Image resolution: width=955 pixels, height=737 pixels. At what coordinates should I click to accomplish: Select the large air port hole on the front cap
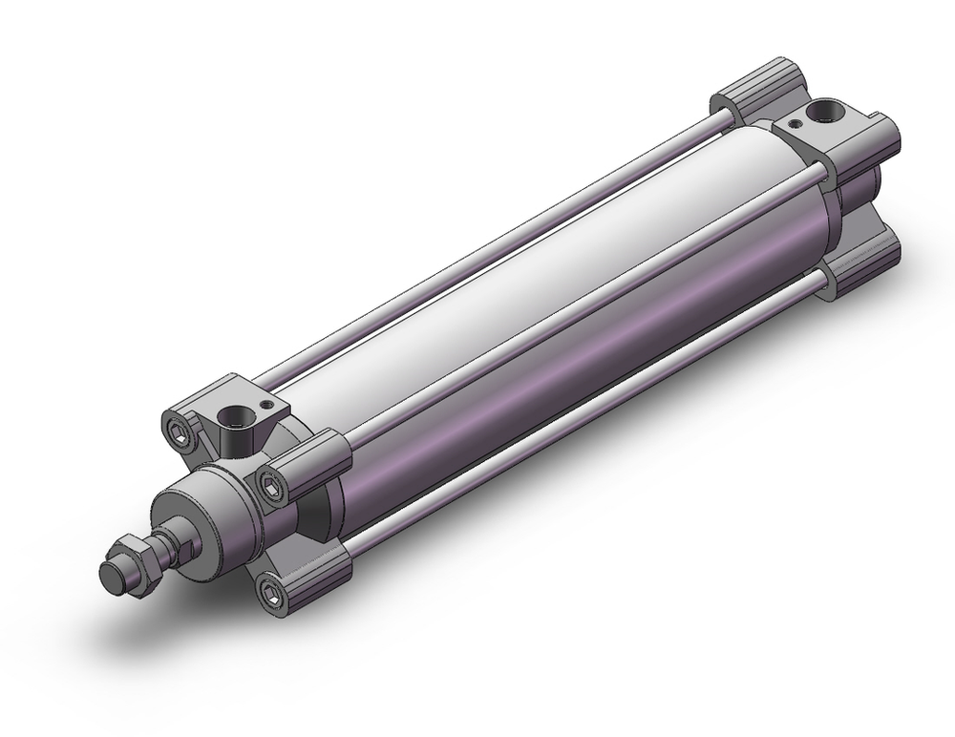[x=230, y=417]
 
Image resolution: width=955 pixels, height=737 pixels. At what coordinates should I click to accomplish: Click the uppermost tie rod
[x=497, y=248]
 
